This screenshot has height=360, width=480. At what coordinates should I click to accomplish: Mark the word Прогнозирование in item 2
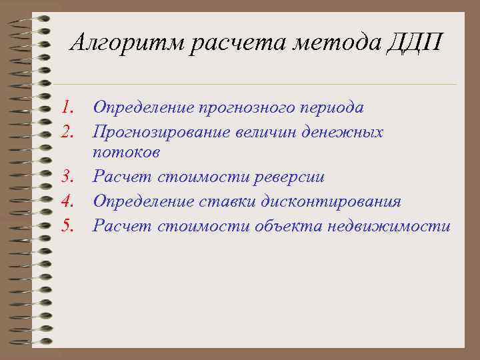(x=161, y=131)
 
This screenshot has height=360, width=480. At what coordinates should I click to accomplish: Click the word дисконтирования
(x=343, y=202)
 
